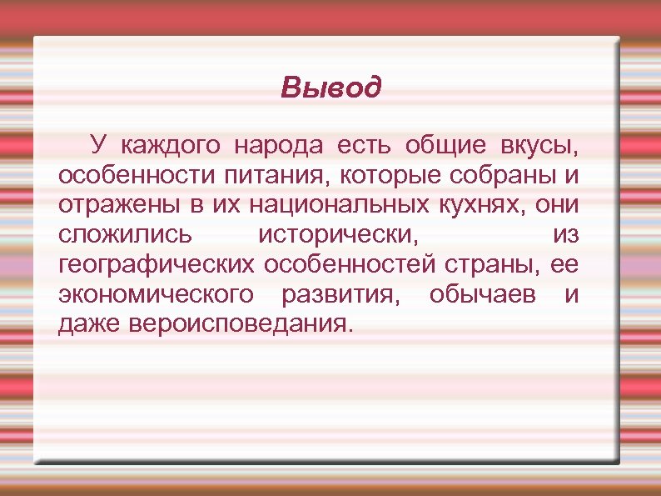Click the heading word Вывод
coord(330,87)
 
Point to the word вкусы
coord(538,147)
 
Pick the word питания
coord(262,177)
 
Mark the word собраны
coord(492,177)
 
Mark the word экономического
coord(157,294)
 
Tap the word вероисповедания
coord(241,323)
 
